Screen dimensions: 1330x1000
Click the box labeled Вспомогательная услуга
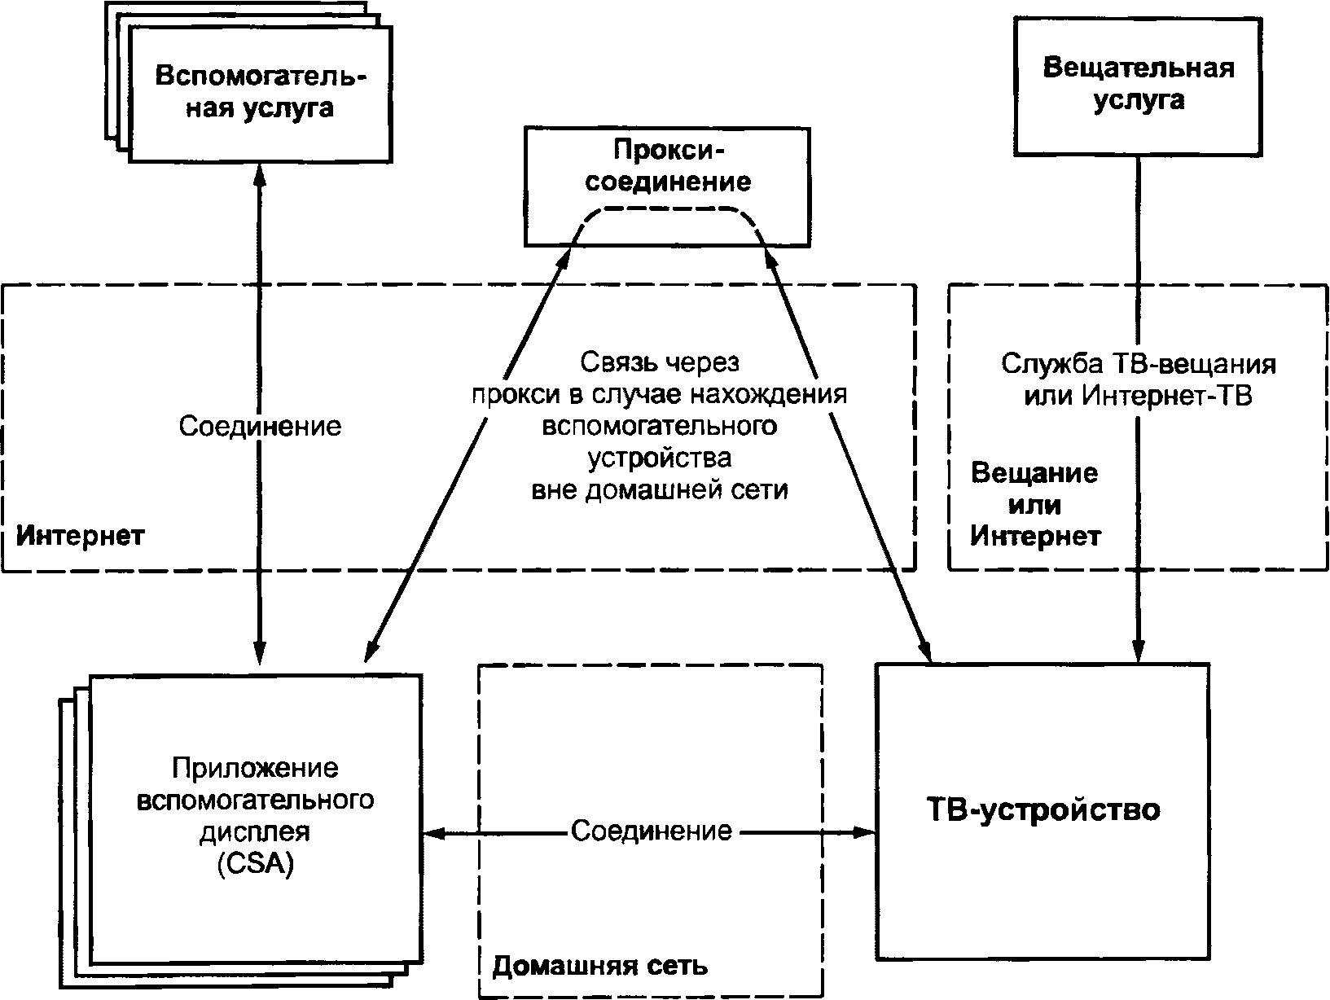pyautogui.click(x=261, y=94)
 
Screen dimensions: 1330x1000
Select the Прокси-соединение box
pyautogui.click(x=667, y=186)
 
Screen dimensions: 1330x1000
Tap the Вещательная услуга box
pyautogui.click(x=1138, y=86)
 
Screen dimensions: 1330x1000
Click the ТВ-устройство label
pyautogui.click(x=1043, y=810)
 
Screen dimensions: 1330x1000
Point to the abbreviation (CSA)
pyautogui.click(x=256, y=863)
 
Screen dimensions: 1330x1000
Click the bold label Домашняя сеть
pyautogui.click(x=600, y=966)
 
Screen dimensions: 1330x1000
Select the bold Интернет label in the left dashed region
pyautogui.click(x=80, y=536)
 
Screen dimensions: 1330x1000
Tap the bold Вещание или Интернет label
pyautogui.click(x=1035, y=505)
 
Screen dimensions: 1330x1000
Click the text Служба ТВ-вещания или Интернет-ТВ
pyautogui.click(x=1139, y=379)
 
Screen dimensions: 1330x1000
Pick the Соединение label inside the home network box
pyautogui.click(x=652, y=831)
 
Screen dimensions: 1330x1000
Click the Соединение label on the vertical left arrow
pyautogui.click(x=260, y=427)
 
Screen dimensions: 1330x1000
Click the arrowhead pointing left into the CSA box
pyautogui.click(x=434, y=835)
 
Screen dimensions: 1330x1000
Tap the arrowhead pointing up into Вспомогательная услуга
pyautogui.click(x=260, y=176)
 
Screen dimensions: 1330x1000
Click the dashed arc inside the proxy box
pyautogui.click(x=667, y=209)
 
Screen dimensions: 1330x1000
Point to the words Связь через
pyautogui.click(x=660, y=362)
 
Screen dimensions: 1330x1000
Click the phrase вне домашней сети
pyautogui.click(x=660, y=489)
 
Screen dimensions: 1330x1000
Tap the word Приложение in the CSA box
pyautogui.click(x=255, y=769)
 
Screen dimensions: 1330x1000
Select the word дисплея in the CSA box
pyautogui.click(x=255, y=832)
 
